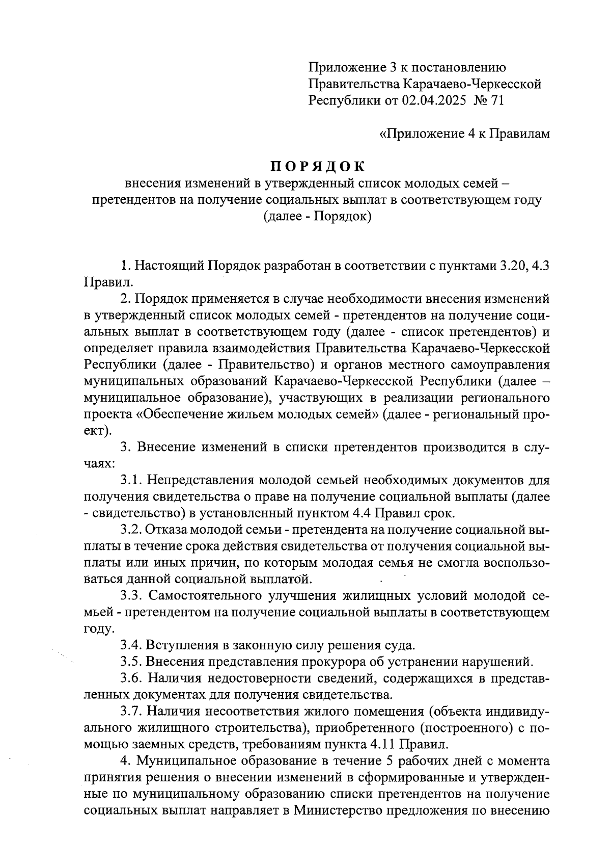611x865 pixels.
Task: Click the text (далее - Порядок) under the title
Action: [x=317, y=217]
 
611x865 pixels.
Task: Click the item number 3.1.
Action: [x=132, y=480]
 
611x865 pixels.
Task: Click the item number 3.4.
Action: [x=132, y=645]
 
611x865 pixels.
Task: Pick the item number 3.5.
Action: [x=132, y=662]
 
